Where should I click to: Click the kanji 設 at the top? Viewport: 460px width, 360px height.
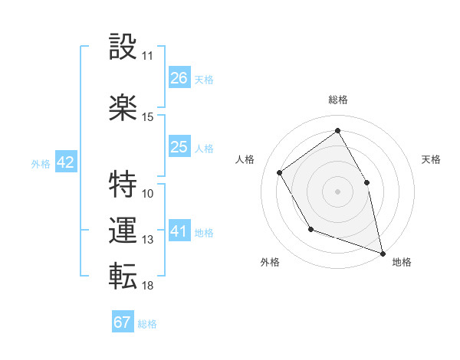(x=123, y=47)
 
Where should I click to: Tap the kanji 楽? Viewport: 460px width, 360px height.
(x=123, y=108)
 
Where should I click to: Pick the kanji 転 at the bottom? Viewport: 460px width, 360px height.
(x=123, y=277)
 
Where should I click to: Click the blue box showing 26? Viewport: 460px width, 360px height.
(x=179, y=78)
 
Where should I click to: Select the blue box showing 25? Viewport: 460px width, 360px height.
(x=179, y=147)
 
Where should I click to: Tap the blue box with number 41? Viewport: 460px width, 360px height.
(x=179, y=231)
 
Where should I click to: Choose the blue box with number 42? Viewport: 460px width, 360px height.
(x=65, y=162)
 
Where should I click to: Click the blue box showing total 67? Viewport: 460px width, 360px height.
(x=123, y=322)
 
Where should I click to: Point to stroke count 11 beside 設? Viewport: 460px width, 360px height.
(x=147, y=56)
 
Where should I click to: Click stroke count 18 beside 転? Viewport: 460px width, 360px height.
(x=147, y=286)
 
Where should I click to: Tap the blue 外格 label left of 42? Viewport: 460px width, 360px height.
(x=41, y=163)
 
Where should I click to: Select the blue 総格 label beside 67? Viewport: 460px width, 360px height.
(x=147, y=323)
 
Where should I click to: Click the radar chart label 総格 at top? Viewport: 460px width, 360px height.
(x=337, y=100)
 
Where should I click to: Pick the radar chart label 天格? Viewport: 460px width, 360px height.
(x=431, y=159)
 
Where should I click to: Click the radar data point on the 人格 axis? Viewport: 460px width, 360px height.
(x=280, y=172)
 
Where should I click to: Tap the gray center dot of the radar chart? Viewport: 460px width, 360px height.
(x=337, y=191)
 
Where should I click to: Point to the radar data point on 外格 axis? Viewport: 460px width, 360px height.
(x=310, y=229)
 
